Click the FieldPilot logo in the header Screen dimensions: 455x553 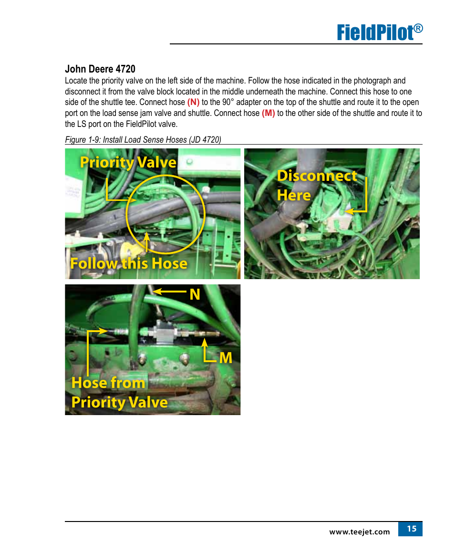(x=380, y=32)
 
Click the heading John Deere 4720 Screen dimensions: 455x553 (x=100, y=69)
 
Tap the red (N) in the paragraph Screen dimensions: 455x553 (x=193, y=102)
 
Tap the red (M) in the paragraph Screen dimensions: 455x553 (x=268, y=113)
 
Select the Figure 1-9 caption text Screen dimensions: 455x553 (x=143, y=140)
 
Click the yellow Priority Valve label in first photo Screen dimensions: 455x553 (x=128, y=163)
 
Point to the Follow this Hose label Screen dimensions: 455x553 (x=129, y=263)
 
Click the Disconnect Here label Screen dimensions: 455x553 (x=317, y=186)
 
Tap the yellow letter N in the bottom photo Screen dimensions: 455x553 (x=195, y=294)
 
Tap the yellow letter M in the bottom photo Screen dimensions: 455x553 (x=226, y=358)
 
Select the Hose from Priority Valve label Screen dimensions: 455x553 (x=120, y=393)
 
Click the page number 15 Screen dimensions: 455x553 (x=412, y=529)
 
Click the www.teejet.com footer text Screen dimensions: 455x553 (x=360, y=532)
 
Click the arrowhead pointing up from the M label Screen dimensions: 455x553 (x=204, y=342)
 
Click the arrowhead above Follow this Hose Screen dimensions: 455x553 (x=147, y=236)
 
